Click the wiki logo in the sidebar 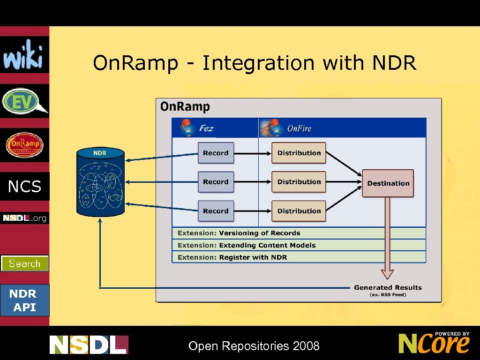(24, 55)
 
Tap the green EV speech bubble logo (24, 101)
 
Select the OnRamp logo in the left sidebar (24, 145)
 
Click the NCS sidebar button (24, 187)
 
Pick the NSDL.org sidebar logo (24, 218)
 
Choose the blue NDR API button (24, 300)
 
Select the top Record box (216, 153)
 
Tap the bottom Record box (216, 211)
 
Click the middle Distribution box (299, 182)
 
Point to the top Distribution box (299, 153)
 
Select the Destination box (388, 183)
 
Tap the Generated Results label (388, 288)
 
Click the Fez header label (206, 128)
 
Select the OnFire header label (299, 128)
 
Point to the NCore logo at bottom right (434, 343)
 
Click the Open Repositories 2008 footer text (254, 346)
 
